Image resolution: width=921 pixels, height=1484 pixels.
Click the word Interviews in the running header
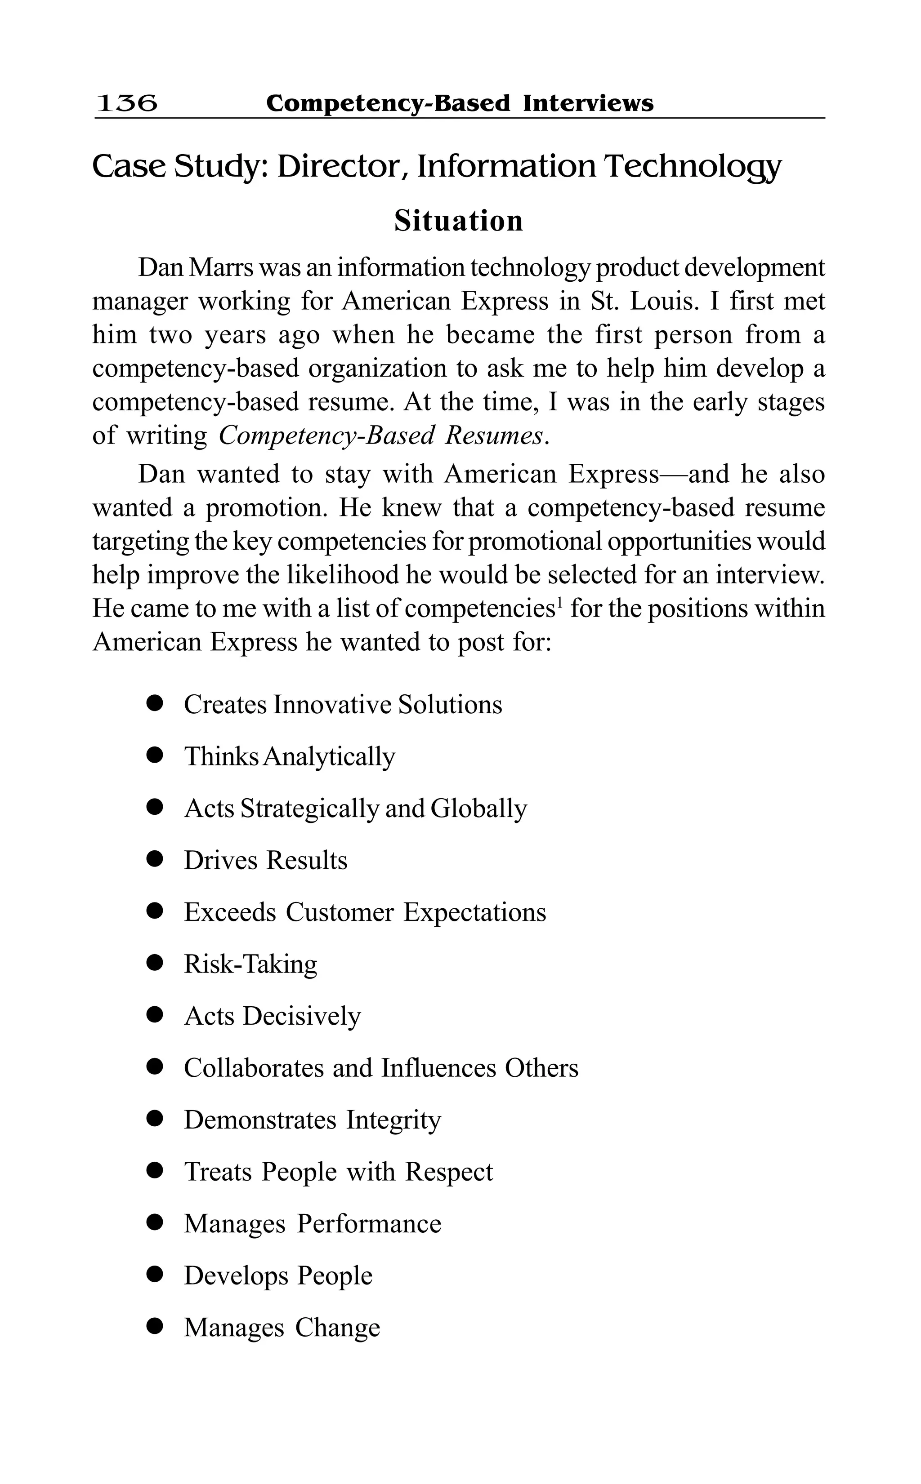click(x=588, y=103)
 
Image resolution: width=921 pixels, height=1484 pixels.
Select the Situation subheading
click(x=458, y=221)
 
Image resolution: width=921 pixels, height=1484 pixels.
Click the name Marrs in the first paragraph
click(x=215, y=268)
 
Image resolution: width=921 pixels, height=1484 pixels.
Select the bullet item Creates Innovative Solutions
click(x=343, y=705)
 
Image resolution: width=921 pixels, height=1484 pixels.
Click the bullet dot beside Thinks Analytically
click(x=155, y=756)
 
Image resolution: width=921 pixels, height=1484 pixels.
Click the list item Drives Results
click(x=266, y=861)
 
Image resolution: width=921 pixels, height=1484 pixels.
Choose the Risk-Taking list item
click(x=250, y=964)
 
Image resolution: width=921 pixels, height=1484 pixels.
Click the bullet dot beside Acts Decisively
click(x=155, y=1015)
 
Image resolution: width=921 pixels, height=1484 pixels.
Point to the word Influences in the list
click(x=438, y=1068)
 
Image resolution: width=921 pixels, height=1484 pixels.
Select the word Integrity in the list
click(x=393, y=1120)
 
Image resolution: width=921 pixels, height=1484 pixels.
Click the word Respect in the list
click(x=449, y=1172)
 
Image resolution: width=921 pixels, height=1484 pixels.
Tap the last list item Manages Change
click(x=282, y=1327)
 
